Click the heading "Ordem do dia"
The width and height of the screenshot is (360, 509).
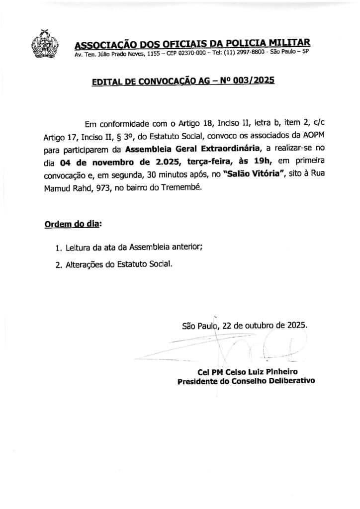coord(72,224)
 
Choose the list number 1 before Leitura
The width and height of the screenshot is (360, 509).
coord(58,248)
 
